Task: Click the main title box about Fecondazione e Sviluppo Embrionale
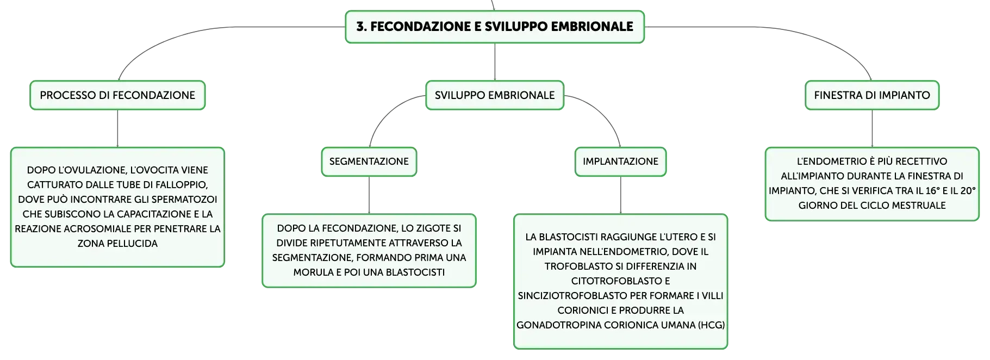tap(495, 27)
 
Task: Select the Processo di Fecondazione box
tap(117, 95)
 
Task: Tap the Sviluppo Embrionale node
tap(495, 95)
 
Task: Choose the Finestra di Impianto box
tap(872, 95)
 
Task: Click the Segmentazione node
tap(369, 162)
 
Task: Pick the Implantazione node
tap(620, 162)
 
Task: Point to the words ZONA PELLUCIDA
tap(117, 244)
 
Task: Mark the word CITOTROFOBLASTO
tap(620, 281)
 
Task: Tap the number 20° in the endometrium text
tap(968, 191)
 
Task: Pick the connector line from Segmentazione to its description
tap(369, 195)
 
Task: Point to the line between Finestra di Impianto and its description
tap(872, 128)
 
